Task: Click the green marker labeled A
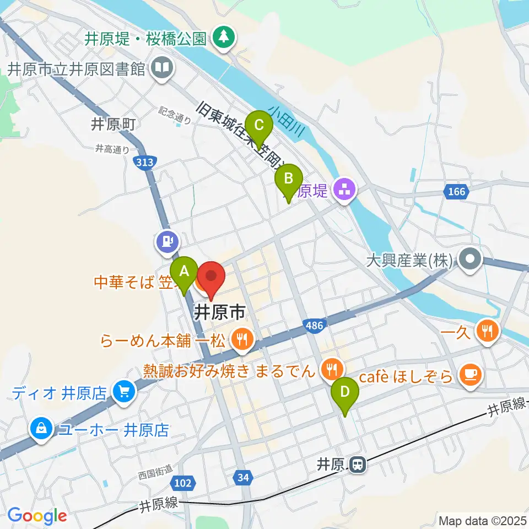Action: tap(184, 272)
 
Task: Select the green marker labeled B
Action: tap(288, 179)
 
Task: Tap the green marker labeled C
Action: tap(258, 125)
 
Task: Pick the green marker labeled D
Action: tap(345, 392)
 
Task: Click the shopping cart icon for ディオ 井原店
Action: tap(123, 392)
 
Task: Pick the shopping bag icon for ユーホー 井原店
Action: tap(42, 429)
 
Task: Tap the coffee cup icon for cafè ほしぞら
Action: tap(470, 375)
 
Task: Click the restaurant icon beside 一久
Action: tap(487, 332)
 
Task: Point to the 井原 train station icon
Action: tap(358, 465)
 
